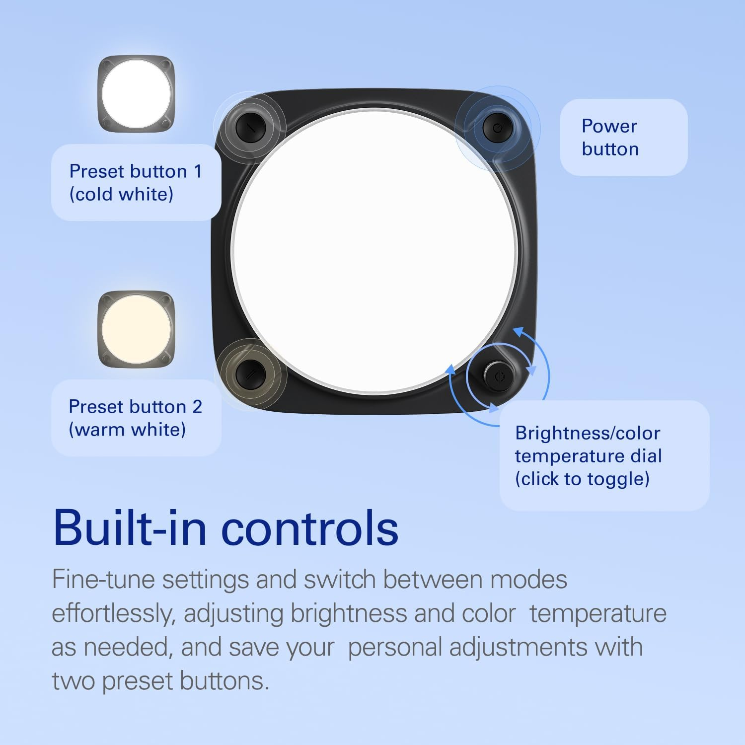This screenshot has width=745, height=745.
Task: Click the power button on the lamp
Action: click(498, 128)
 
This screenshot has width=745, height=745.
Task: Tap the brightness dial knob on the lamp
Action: click(499, 377)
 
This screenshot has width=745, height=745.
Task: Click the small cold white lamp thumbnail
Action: click(136, 93)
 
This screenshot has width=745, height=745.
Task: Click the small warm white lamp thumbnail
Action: click(136, 329)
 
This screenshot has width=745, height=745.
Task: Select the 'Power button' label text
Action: click(610, 138)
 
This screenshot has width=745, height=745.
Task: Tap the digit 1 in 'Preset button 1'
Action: click(198, 171)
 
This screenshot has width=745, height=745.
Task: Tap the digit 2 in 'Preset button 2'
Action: click(197, 407)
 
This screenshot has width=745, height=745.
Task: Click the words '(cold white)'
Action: click(121, 194)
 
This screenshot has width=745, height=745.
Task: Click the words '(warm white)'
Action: click(127, 430)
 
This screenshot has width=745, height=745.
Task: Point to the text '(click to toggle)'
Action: click(582, 479)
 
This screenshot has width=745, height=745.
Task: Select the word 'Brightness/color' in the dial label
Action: click(588, 433)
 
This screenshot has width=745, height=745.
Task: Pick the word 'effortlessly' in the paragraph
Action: click(113, 613)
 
